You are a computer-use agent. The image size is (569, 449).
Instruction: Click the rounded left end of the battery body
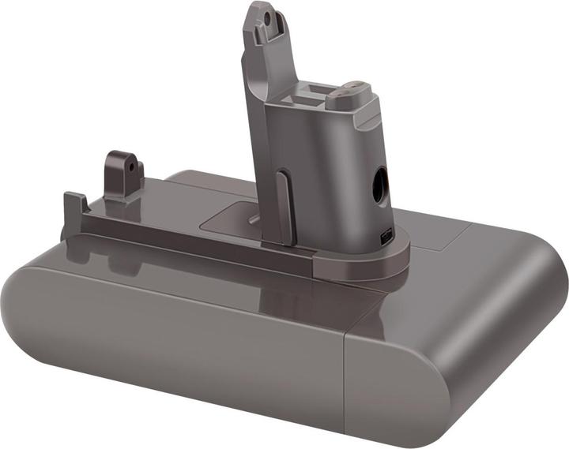tap(32, 316)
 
